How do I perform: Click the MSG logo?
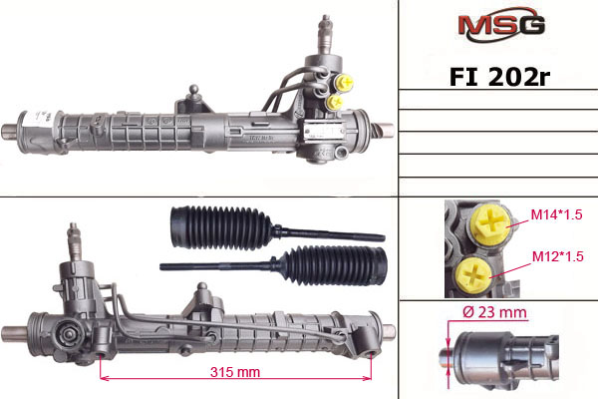[x=501, y=24]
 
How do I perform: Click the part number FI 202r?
[x=499, y=77]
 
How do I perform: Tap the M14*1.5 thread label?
[x=556, y=214]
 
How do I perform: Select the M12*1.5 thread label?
[x=557, y=256]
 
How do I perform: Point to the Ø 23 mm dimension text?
[x=495, y=312]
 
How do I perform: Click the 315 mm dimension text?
[x=235, y=372]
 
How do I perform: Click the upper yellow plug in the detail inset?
[x=490, y=222]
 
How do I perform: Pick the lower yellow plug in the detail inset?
[x=474, y=275]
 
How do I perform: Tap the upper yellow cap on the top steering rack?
[x=345, y=81]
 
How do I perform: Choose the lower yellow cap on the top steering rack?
[x=335, y=102]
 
